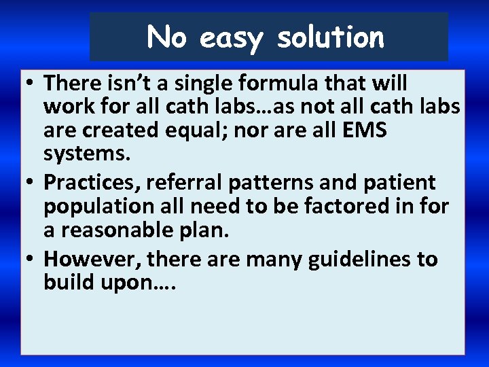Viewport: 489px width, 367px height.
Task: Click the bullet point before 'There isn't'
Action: point(32,84)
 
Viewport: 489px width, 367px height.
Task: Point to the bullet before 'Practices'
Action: point(32,183)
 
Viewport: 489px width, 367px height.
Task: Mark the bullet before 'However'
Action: point(32,260)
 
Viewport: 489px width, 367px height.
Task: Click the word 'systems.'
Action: point(86,153)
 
